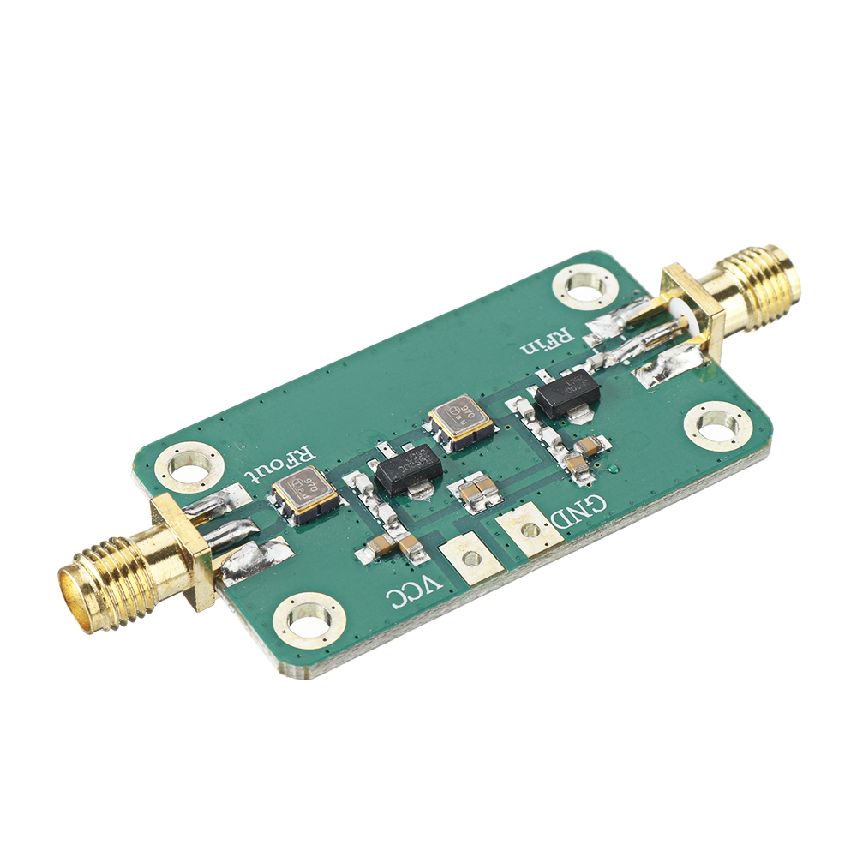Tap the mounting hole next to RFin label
click(x=585, y=284)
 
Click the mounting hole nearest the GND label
click(x=717, y=423)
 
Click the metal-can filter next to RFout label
click(x=305, y=494)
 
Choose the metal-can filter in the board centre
click(x=461, y=421)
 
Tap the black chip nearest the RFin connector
click(x=566, y=395)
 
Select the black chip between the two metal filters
click(x=409, y=470)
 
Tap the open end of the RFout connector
click(x=75, y=591)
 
